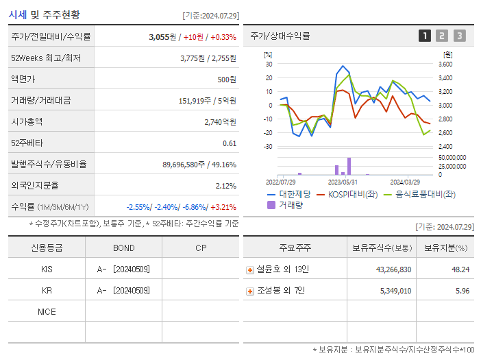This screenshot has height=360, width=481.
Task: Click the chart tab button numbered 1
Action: click(425, 36)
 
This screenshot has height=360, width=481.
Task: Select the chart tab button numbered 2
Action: click(442, 36)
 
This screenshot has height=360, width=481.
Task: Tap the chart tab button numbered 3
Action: click(459, 36)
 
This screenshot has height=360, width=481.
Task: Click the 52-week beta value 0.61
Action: click(230, 143)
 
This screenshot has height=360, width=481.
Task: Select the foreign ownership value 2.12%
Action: click(225, 185)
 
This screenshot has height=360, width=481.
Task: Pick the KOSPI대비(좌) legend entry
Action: click(347, 194)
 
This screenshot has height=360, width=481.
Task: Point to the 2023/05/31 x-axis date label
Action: click(343, 182)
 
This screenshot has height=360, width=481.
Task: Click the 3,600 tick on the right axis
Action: click(445, 64)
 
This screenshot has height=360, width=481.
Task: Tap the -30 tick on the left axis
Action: click(269, 146)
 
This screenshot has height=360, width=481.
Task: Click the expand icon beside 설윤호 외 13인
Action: click(250, 269)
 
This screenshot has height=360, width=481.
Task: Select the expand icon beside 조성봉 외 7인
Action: click(250, 291)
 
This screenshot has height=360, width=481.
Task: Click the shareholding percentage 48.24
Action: click(460, 269)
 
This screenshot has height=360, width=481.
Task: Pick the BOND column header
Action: click(123, 248)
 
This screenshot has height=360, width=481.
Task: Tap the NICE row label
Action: click(47, 311)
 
